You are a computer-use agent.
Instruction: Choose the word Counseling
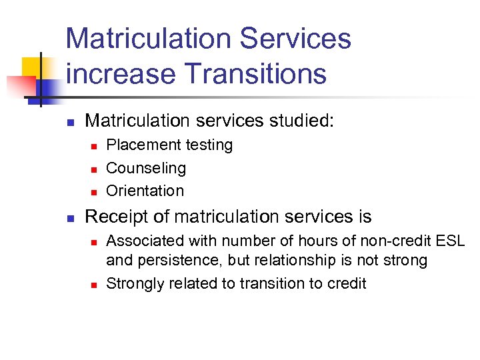(x=146, y=168)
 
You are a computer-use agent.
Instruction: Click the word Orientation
(x=145, y=191)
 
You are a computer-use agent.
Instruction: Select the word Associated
(x=144, y=241)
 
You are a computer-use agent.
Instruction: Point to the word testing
(x=210, y=145)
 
